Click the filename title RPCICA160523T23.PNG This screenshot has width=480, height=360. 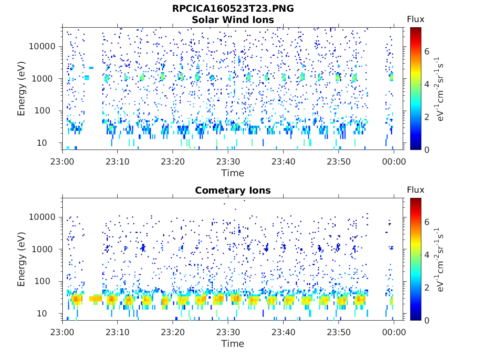point(233,8)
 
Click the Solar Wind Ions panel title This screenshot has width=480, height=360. point(233,20)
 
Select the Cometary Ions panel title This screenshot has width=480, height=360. point(233,190)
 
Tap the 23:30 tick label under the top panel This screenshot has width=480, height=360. point(228,161)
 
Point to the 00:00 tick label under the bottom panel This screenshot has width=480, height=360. point(394,332)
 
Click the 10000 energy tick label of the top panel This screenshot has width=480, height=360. point(42,46)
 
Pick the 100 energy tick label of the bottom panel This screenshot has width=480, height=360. point(42,281)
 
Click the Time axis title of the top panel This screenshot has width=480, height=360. point(233,173)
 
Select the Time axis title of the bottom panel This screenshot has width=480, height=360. point(233,344)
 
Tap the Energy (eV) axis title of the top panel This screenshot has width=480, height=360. point(21,89)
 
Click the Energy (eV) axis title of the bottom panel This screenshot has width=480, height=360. point(21,259)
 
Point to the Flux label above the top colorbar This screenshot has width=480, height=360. point(416,19)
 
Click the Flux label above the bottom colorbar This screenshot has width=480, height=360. point(416,190)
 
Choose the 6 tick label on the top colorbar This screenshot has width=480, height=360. point(427,52)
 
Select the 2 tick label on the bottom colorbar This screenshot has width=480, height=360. point(427,287)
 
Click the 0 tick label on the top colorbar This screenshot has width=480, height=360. point(427,150)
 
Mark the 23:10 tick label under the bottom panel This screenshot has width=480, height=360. point(118,332)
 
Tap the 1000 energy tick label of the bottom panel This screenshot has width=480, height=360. point(42,249)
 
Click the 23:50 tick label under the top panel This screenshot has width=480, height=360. point(338,161)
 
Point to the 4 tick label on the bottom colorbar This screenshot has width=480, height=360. point(427,255)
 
